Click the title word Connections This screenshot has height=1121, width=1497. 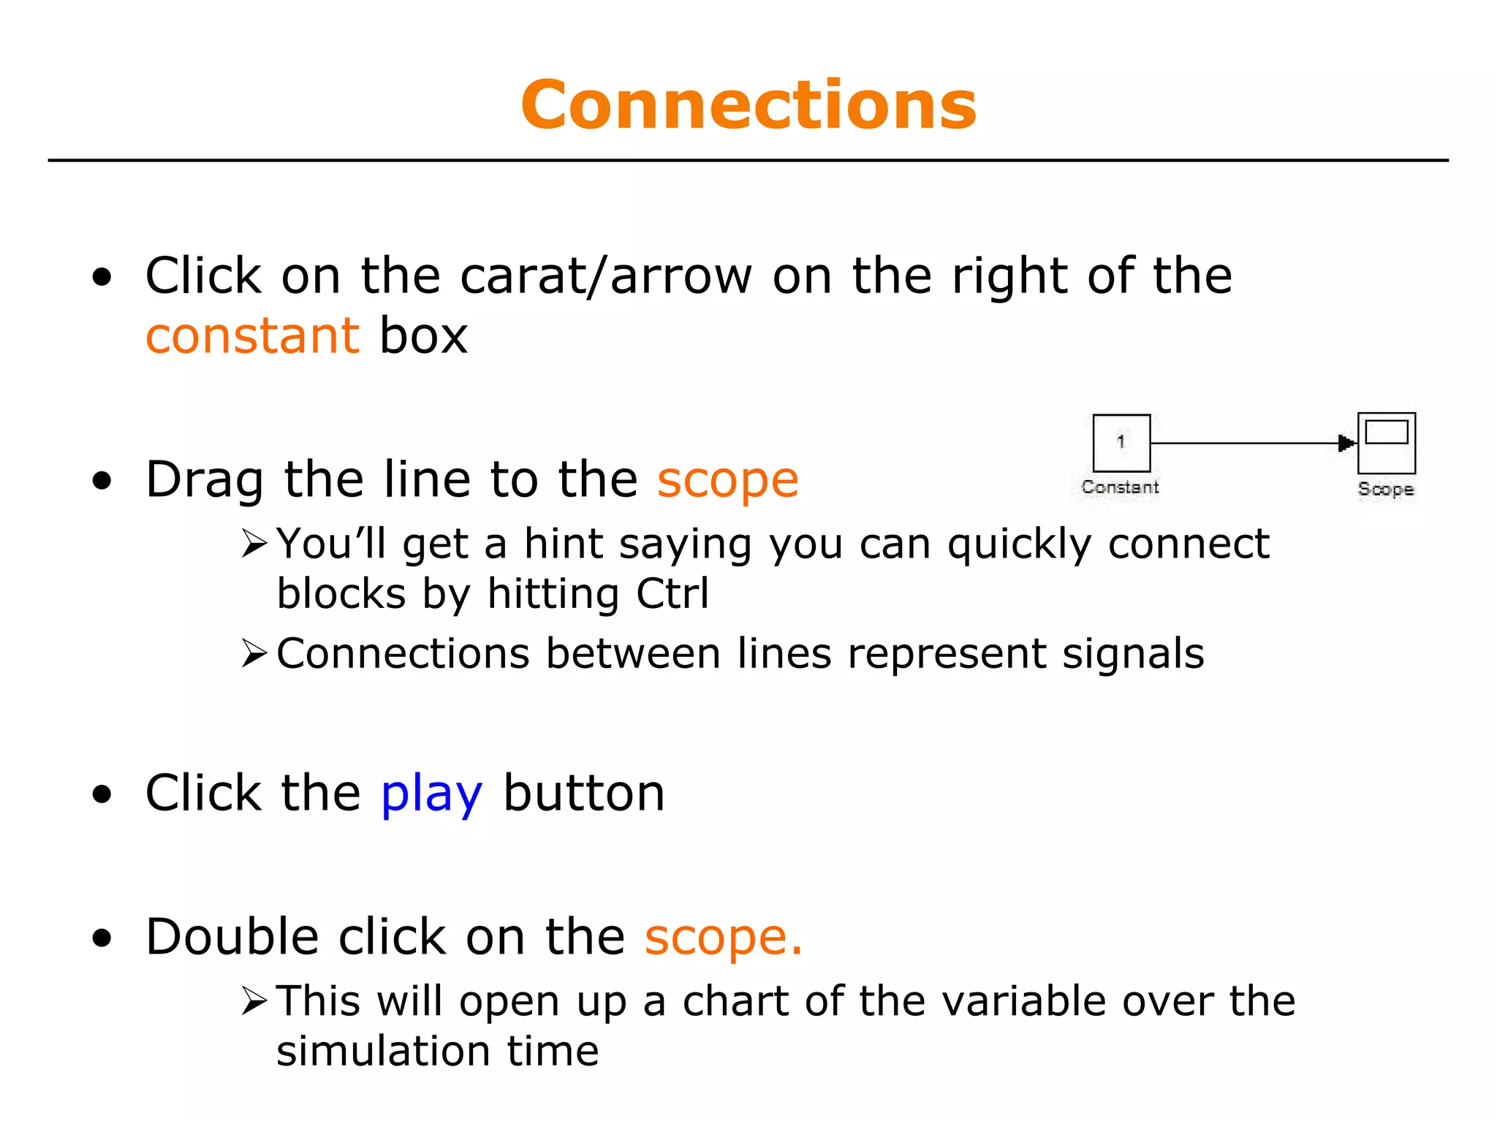(748, 106)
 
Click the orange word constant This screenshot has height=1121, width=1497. (252, 336)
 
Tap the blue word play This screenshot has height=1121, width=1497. (431, 794)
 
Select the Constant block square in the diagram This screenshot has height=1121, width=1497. (1121, 443)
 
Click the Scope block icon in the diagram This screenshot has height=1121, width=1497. (1387, 443)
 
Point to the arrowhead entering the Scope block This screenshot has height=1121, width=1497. (1346, 443)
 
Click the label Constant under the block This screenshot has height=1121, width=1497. (1121, 487)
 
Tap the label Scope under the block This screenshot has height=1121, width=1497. (1386, 489)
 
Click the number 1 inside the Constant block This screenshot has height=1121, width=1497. (1121, 441)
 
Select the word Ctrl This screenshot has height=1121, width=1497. (672, 593)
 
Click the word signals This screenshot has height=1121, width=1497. (1133, 653)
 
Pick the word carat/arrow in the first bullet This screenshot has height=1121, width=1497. (606, 276)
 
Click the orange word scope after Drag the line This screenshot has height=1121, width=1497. (727, 480)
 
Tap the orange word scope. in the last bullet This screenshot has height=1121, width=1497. (723, 938)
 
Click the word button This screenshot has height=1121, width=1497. (584, 794)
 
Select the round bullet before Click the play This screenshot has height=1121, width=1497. (102, 794)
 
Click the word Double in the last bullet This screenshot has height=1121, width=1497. (232, 937)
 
